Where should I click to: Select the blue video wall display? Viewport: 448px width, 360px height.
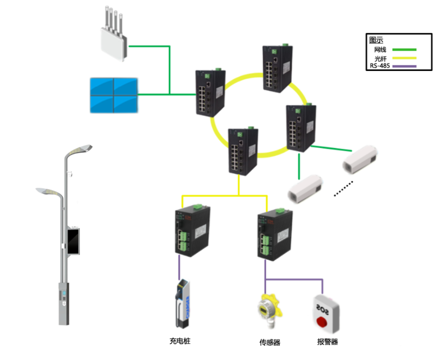click(x=114, y=95)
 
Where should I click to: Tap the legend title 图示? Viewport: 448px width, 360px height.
click(x=376, y=40)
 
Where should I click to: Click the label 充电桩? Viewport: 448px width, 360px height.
click(x=180, y=341)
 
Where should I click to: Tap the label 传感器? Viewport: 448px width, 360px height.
click(x=270, y=342)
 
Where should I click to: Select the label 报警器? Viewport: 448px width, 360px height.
click(x=327, y=342)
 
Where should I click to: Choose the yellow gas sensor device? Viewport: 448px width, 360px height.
click(x=268, y=310)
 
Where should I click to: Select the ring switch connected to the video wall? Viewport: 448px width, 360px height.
click(x=210, y=93)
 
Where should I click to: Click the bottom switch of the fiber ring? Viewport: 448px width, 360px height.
click(x=243, y=151)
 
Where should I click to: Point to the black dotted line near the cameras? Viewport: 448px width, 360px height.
click(x=343, y=188)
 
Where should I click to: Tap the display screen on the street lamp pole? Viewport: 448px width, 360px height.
click(x=74, y=241)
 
